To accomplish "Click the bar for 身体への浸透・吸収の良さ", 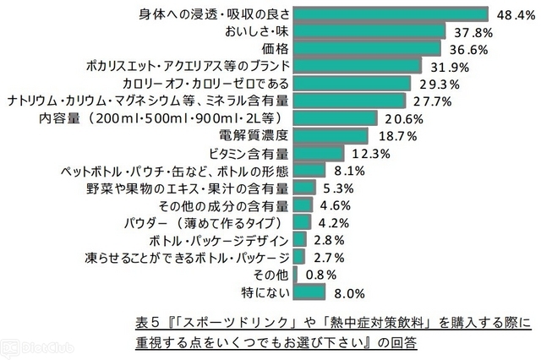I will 391,14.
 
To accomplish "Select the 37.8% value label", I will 470,31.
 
